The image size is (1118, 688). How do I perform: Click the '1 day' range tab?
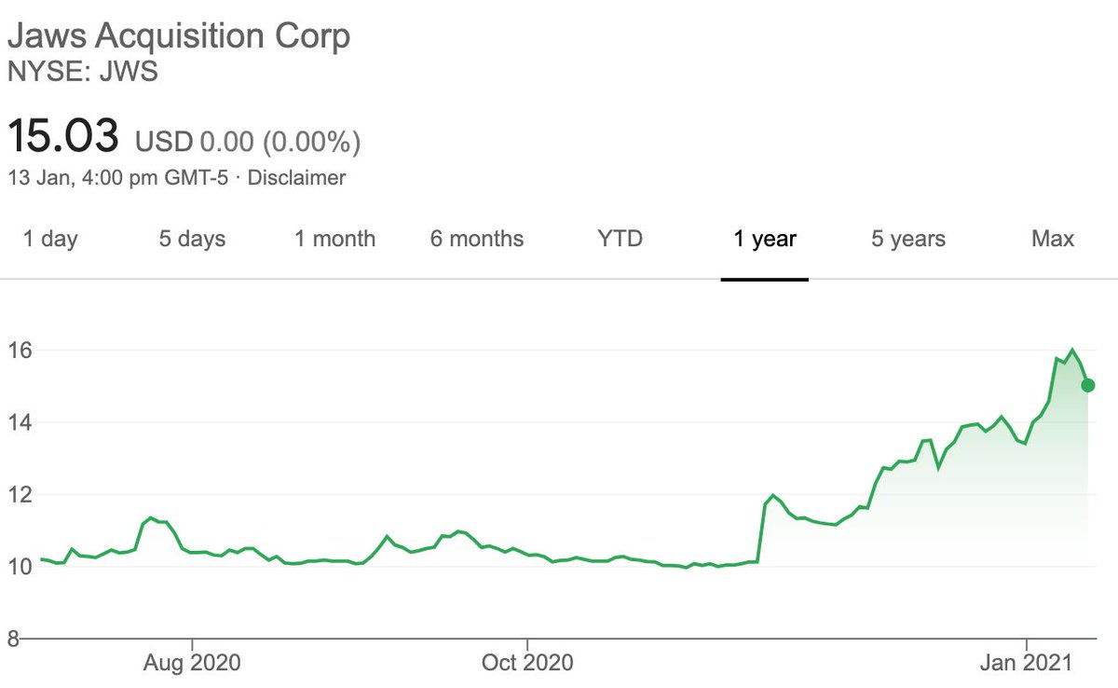[x=50, y=239]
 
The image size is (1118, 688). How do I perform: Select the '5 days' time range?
[x=192, y=239]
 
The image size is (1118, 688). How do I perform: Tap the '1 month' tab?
[x=334, y=239]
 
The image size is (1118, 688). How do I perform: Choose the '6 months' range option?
[x=477, y=239]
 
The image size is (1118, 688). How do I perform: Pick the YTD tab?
[x=620, y=239]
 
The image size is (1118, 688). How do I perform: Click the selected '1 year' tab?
[x=764, y=239]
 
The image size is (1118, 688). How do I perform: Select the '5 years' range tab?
[x=908, y=239]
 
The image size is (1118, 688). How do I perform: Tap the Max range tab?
[x=1053, y=239]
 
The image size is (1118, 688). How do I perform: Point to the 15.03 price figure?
[x=63, y=136]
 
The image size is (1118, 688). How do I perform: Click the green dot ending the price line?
[x=1088, y=385]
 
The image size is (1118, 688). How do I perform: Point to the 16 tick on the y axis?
[x=20, y=351]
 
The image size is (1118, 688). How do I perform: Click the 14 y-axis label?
[x=20, y=422]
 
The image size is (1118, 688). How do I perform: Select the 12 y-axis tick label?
[x=20, y=494]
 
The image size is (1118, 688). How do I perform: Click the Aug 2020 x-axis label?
[x=192, y=663]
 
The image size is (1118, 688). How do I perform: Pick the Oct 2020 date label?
[x=527, y=663]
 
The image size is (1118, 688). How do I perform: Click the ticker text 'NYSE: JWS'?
[x=82, y=71]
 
